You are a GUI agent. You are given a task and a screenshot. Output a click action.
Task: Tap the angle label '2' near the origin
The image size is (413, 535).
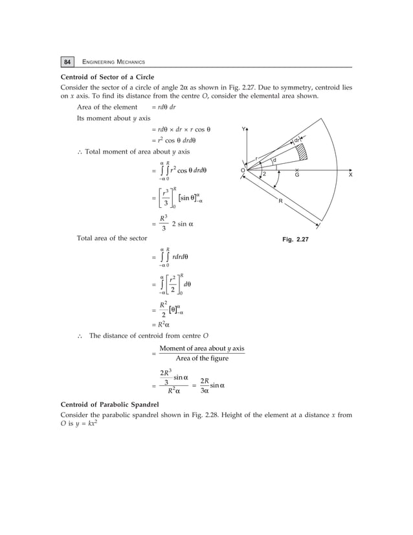(x=264, y=174)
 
